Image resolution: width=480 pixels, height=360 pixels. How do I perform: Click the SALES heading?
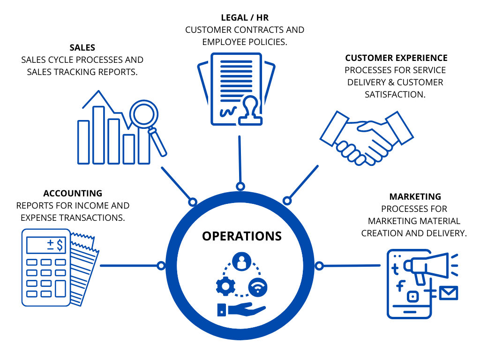[82, 47]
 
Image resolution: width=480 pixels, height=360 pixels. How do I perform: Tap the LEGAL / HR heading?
[245, 18]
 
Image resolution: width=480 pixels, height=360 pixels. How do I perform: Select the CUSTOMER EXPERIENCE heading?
[396, 58]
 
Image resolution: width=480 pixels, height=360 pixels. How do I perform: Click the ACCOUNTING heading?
[73, 193]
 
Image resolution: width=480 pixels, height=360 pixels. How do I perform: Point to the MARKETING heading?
[415, 196]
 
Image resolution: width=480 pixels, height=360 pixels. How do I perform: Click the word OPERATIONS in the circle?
[242, 236]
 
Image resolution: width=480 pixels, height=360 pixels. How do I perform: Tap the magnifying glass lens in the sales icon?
[143, 114]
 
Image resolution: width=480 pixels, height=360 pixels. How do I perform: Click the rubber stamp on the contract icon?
[250, 111]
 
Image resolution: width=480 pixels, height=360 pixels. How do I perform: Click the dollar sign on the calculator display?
[60, 245]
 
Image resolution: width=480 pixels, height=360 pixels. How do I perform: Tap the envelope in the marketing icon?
[449, 293]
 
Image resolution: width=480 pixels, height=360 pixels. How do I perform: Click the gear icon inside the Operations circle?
[225, 286]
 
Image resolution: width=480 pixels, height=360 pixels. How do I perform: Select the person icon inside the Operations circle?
[241, 262]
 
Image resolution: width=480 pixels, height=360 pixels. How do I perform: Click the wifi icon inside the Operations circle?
[258, 287]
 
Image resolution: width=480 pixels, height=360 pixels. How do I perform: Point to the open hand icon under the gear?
[241, 309]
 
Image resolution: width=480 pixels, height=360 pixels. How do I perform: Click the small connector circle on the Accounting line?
[161, 266]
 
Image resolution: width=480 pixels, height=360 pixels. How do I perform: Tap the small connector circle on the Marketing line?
[319, 266]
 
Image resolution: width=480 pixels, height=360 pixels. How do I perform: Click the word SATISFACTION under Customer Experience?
[395, 94]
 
